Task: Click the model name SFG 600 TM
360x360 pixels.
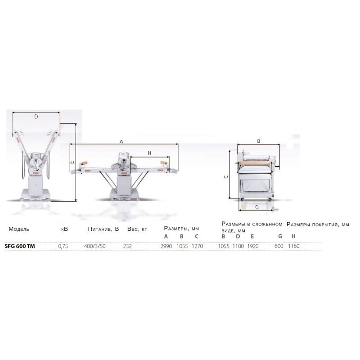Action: point(20,246)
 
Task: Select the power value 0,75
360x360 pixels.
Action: point(63,246)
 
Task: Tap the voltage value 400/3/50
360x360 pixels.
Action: point(95,246)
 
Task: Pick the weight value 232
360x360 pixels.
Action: point(127,246)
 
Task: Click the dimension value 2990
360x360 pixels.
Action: point(166,246)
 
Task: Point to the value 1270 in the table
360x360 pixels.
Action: point(198,246)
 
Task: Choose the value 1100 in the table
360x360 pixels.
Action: point(238,246)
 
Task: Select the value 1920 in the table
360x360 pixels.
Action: point(253,246)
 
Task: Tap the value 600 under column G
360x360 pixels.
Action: point(279,246)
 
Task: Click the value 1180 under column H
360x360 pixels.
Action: point(294,246)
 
